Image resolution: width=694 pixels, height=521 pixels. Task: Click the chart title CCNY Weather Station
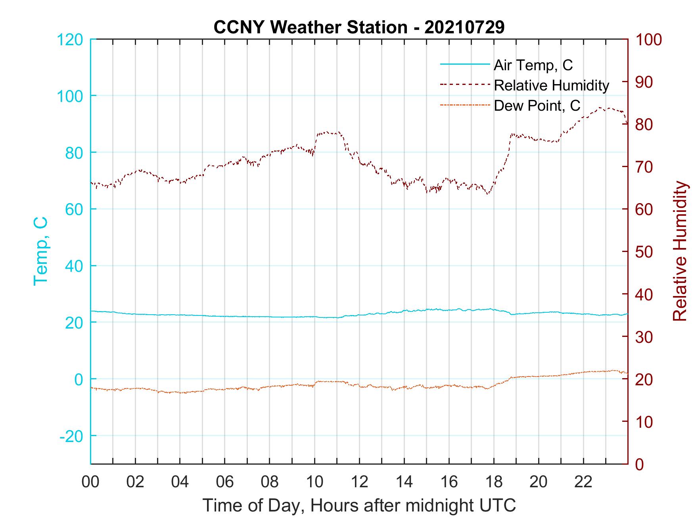pos(359,27)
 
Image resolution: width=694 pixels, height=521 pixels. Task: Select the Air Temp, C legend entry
pos(533,65)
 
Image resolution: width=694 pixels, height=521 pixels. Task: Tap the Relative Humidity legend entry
pos(551,85)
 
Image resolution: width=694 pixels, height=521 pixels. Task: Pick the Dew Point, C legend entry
pos(537,106)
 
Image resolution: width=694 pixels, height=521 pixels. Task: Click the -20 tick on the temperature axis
pos(71,436)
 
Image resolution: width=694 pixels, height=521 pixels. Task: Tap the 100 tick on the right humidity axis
pos(648,40)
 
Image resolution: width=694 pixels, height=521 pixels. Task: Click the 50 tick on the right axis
pos(644,252)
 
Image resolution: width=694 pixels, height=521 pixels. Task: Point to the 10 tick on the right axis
pos(644,422)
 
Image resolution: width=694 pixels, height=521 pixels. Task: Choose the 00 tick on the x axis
pos(90,482)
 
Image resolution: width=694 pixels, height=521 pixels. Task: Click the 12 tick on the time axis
pos(359,482)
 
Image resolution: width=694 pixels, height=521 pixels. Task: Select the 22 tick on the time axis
pos(583,482)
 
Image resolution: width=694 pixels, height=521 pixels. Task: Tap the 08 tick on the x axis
pos(270,482)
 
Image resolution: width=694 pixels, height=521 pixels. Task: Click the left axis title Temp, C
pos(41,251)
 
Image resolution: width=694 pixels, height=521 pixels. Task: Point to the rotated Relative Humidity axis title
pos(680,251)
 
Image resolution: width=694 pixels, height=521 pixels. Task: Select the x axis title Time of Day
pos(359,506)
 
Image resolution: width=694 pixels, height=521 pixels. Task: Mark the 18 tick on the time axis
pos(494,482)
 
